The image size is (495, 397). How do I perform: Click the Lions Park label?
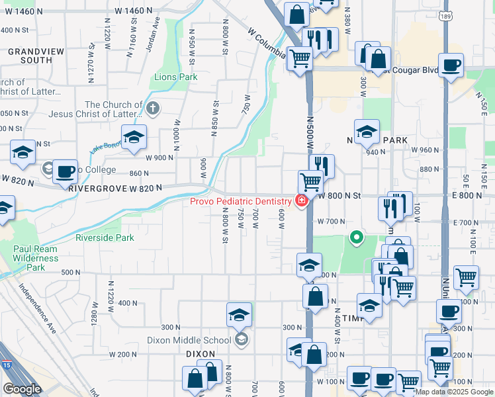click(175, 77)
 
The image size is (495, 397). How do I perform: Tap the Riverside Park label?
click(105, 238)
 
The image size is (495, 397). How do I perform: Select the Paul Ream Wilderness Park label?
click(36, 258)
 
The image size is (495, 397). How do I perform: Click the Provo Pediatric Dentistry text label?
click(240, 201)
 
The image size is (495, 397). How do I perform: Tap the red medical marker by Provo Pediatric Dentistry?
click(301, 201)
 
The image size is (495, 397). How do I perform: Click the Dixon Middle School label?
click(189, 341)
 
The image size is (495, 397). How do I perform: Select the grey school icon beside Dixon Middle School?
click(241, 340)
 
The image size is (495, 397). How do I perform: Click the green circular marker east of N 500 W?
click(357, 236)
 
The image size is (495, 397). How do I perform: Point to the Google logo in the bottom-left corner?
click(22, 388)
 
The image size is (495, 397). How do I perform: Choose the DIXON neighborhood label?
click(201, 354)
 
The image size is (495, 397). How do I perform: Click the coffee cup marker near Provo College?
click(65, 172)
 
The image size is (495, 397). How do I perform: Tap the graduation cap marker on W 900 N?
click(134, 137)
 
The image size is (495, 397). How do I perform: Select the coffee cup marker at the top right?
click(451, 66)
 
